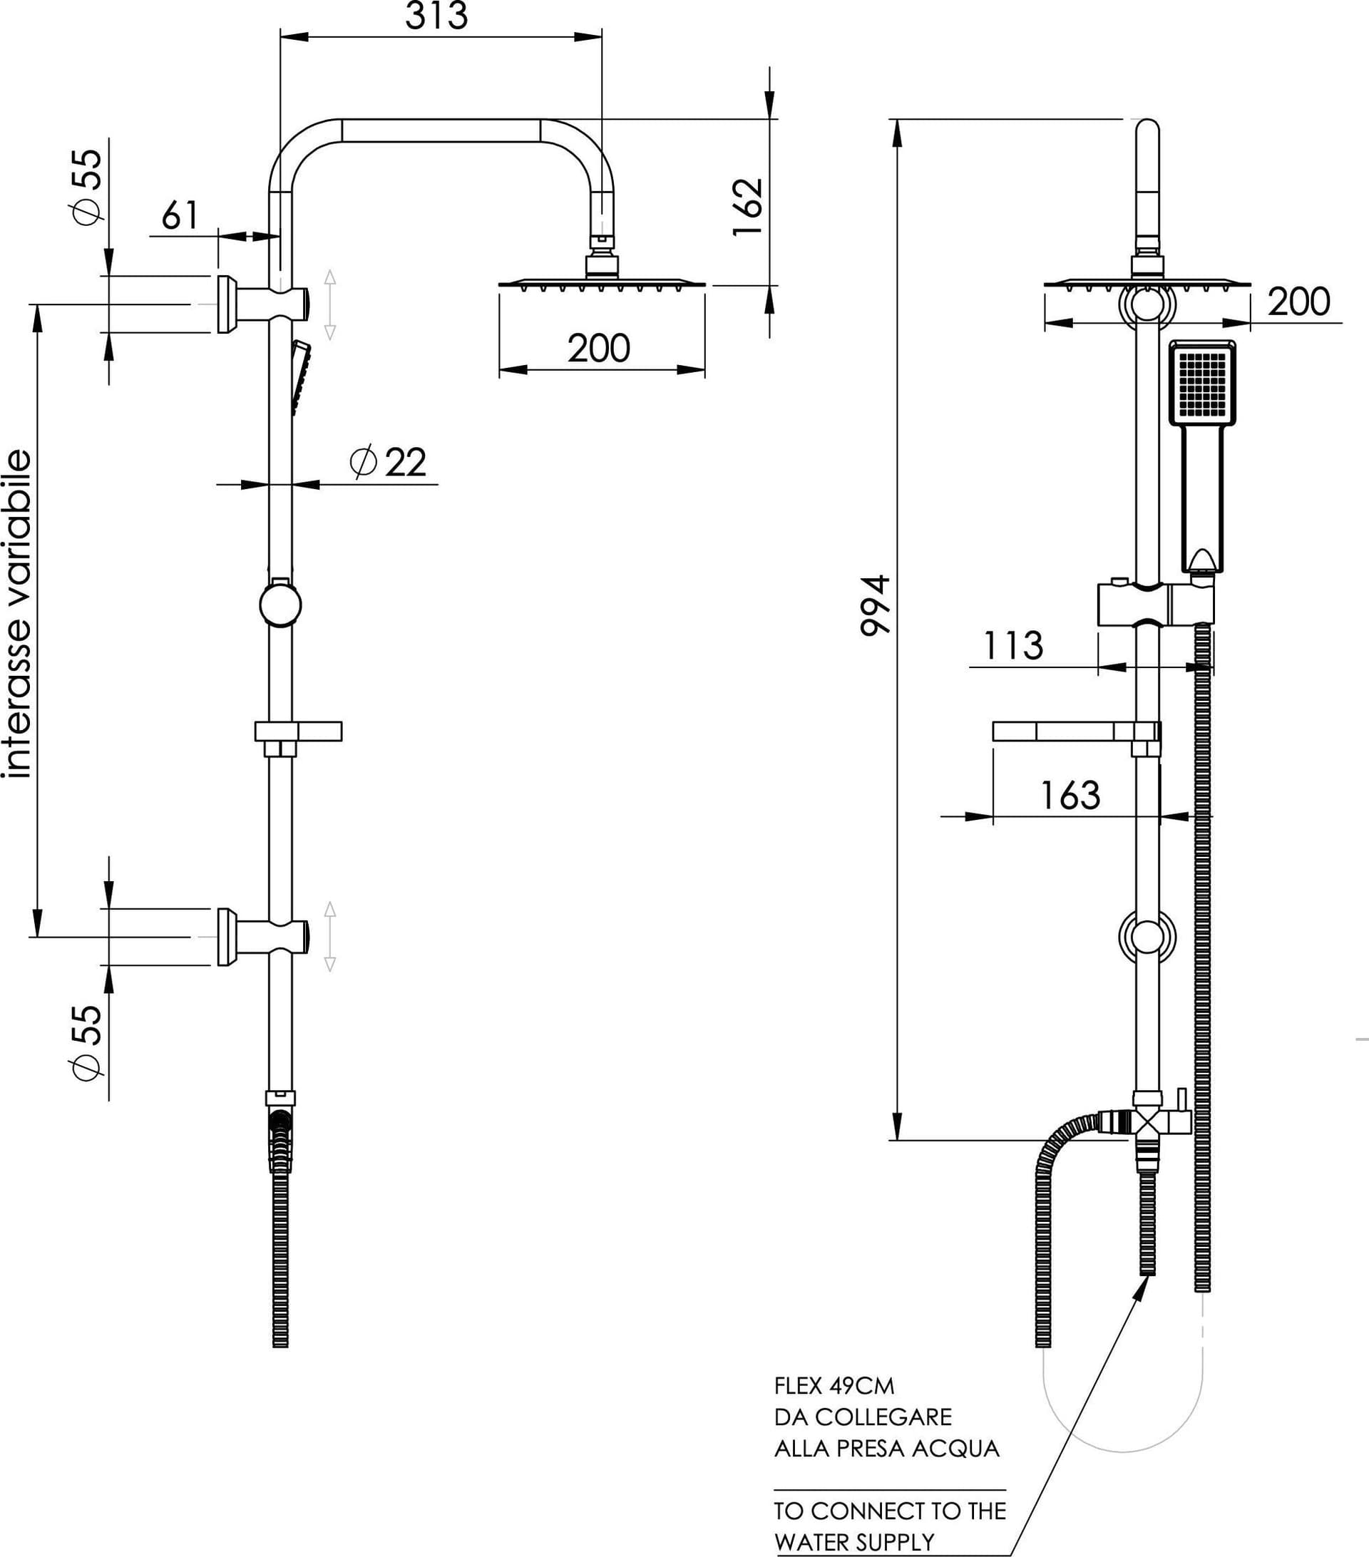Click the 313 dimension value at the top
pyautogui.click(x=436, y=16)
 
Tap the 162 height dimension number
pyautogui.click(x=748, y=207)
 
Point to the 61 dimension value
pyautogui.click(x=180, y=215)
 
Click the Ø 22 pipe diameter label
pyautogui.click(x=388, y=462)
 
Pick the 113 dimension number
pyautogui.click(x=1012, y=646)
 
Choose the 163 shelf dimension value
pyautogui.click(x=1070, y=796)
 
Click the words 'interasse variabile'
pyautogui.click(x=19, y=614)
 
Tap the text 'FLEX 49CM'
pyautogui.click(x=834, y=1385)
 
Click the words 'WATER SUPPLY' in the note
pyautogui.click(x=854, y=1543)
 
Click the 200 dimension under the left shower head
pyautogui.click(x=599, y=348)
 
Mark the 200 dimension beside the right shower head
pyautogui.click(x=1299, y=301)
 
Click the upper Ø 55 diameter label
pyautogui.click(x=87, y=187)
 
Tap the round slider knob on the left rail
pyautogui.click(x=280, y=605)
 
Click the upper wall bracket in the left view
pyautogui.click(x=263, y=304)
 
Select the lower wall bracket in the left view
pyautogui.click(x=263, y=937)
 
